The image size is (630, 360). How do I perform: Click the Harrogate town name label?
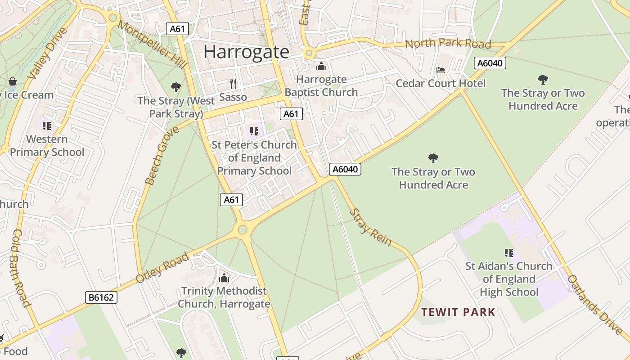[x=246, y=52]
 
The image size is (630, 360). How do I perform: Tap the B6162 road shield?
[x=101, y=297]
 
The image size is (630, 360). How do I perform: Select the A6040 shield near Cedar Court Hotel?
[x=490, y=63]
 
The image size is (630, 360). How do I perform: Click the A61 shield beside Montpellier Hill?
[x=177, y=29]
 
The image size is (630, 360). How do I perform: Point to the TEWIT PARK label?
[x=458, y=312]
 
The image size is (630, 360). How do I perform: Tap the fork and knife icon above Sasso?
[x=233, y=83]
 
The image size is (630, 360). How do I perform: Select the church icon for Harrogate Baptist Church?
[x=321, y=67]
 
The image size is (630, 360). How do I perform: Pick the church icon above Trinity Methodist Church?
[x=224, y=278]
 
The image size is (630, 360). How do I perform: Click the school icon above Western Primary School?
[x=47, y=126]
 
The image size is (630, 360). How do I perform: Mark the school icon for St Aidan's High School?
[x=509, y=253]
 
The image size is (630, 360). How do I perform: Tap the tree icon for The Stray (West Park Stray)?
[x=176, y=87]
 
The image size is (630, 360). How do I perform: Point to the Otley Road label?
[x=162, y=268]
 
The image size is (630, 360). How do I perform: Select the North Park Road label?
[x=448, y=44]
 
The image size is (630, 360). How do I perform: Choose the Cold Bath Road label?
[x=21, y=268]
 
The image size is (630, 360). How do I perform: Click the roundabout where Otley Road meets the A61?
[x=243, y=230]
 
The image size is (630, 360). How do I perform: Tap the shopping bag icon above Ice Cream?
[x=13, y=82]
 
